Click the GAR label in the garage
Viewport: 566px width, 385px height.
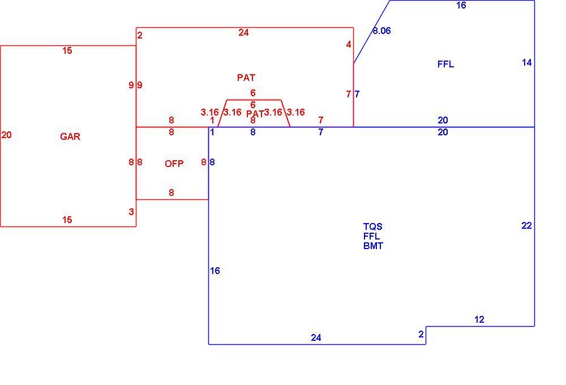pyautogui.click(x=70, y=136)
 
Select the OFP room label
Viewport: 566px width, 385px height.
pyautogui.click(x=174, y=164)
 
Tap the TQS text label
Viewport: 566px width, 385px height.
pyautogui.click(x=373, y=226)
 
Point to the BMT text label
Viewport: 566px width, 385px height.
pyautogui.click(x=373, y=246)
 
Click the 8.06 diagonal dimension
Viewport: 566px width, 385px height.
pyautogui.click(x=381, y=31)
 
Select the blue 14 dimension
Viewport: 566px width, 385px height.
pyautogui.click(x=526, y=62)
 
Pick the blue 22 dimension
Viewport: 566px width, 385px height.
pyautogui.click(x=526, y=225)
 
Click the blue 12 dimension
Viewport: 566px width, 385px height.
pyautogui.click(x=479, y=319)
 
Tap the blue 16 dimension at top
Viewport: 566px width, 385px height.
pyautogui.click(x=461, y=5)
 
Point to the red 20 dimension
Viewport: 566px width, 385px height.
pyautogui.click(x=6, y=135)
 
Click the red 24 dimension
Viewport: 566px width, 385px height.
pyautogui.click(x=243, y=32)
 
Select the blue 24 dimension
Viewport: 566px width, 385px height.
pyautogui.click(x=316, y=337)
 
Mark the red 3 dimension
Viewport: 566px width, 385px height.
pyautogui.click(x=131, y=212)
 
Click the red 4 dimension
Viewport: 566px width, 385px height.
pyautogui.click(x=348, y=44)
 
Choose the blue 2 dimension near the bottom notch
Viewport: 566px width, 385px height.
pyautogui.click(x=421, y=334)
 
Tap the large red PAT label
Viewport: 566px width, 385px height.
pyautogui.click(x=246, y=78)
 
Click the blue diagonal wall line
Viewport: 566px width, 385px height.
pyautogui.click(x=372, y=32)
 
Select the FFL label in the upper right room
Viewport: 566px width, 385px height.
pyautogui.click(x=446, y=65)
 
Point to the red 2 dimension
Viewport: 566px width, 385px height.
pyautogui.click(x=140, y=35)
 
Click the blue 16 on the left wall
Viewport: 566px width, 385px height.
pyautogui.click(x=215, y=271)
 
